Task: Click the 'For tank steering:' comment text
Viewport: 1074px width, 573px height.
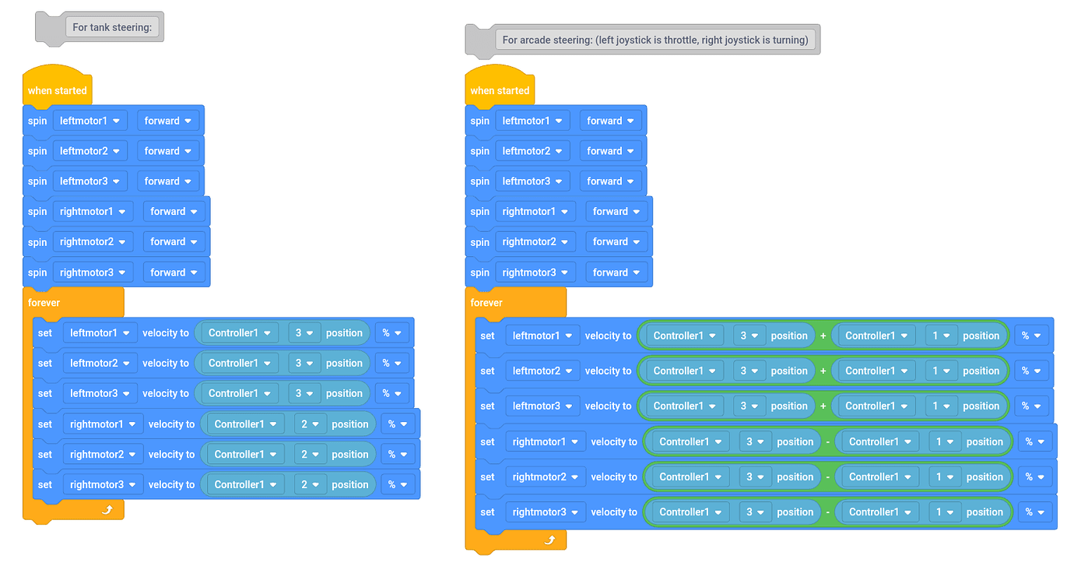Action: tap(112, 27)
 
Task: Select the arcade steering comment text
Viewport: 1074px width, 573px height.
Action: tap(655, 40)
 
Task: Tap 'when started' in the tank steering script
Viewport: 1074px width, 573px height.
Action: tap(57, 90)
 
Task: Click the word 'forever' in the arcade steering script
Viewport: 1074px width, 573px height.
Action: tap(486, 303)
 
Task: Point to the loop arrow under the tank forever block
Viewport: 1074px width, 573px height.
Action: tap(107, 509)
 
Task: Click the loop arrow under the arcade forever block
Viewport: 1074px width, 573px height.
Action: tap(550, 540)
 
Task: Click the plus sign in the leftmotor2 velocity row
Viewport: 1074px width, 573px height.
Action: tap(823, 371)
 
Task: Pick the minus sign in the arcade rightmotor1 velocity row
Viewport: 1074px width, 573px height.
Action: tap(827, 441)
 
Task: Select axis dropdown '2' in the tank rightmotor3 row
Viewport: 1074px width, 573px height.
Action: tap(310, 485)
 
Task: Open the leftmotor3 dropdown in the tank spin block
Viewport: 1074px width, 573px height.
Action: tap(89, 181)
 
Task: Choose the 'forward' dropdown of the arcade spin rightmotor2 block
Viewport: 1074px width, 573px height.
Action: tap(616, 241)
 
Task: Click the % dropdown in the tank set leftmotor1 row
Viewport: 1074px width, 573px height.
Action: tap(391, 332)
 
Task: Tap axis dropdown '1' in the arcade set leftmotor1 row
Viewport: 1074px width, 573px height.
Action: tap(941, 336)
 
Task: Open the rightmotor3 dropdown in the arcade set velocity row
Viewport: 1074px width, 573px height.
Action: tap(545, 512)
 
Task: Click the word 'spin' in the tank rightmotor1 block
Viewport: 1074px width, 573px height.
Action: tap(37, 212)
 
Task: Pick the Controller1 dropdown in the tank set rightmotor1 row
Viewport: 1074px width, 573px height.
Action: tap(245, 424)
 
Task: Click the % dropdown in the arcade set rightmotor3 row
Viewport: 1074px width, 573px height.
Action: tap(1034, 512)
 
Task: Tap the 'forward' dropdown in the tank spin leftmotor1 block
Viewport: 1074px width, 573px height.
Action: tap(168, 121)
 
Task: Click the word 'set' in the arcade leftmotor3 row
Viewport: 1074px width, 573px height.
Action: tap(487, 406)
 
